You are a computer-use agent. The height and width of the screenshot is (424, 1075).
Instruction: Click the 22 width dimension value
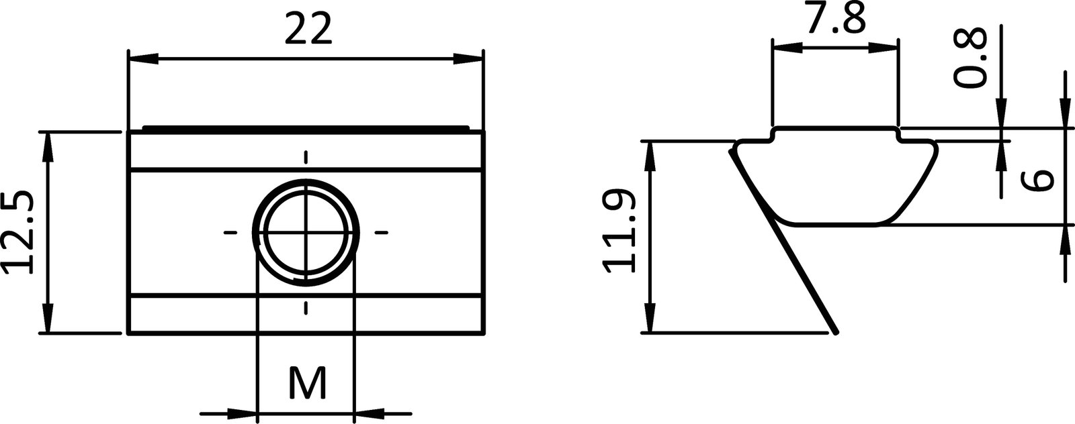point(308,30)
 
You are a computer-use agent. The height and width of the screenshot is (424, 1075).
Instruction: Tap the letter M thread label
point(307,384)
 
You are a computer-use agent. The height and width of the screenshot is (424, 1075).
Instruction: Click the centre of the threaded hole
point(306,232)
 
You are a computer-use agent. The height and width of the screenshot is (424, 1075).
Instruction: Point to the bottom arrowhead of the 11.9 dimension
point(649,318)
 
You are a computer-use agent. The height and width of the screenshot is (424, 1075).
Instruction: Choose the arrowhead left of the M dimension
point(243,411)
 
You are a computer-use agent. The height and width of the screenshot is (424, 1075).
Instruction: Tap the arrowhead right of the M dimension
point(369,411)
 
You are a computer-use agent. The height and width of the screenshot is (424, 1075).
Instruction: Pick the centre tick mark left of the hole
point(230,233)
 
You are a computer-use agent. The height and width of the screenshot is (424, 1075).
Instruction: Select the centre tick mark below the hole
point(306,308)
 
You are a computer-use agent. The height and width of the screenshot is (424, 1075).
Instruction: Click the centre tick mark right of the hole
point(381,233)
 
